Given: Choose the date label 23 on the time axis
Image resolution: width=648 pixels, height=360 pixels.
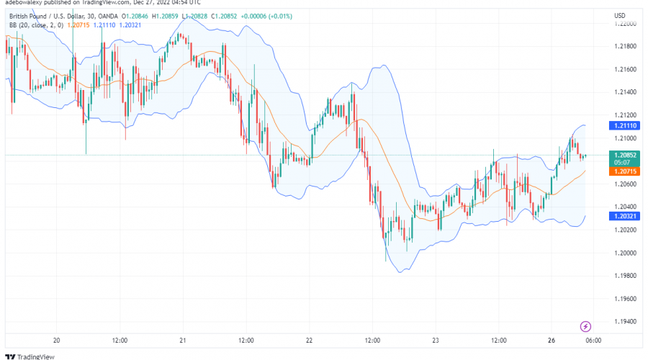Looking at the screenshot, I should (x=435, y=340).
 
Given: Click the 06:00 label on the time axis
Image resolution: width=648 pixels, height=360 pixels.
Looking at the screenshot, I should (x=593, y=340).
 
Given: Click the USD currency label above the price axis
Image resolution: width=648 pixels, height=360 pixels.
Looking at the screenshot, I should (x=619, y=15).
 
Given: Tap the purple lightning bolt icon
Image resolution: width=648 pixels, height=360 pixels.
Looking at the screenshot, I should (x=585, y=325).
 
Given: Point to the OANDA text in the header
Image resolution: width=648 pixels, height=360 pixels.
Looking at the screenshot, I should (x=104, y=15).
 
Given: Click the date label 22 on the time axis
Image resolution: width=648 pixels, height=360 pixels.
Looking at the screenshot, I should (x=309, y=340).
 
